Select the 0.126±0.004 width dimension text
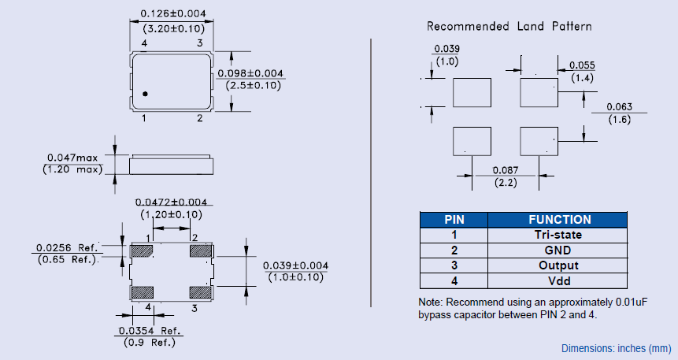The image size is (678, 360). click(172, 13)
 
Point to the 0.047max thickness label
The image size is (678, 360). click(76, 158)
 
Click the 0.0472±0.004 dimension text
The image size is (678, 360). click(171, 202)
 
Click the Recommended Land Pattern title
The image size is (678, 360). click(509, 26)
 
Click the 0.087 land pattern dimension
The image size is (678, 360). click(504, 170)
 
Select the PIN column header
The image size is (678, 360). click(454, 220)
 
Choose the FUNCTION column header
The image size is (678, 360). click(559, 220)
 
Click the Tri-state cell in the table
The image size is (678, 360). click(559, 235)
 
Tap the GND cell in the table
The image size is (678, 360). click(559, 251)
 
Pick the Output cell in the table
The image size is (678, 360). click(559, 265)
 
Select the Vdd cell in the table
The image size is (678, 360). click(559, 281)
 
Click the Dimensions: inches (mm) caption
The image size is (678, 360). click(617, 348)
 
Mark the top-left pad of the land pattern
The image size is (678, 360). click(472, 92)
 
